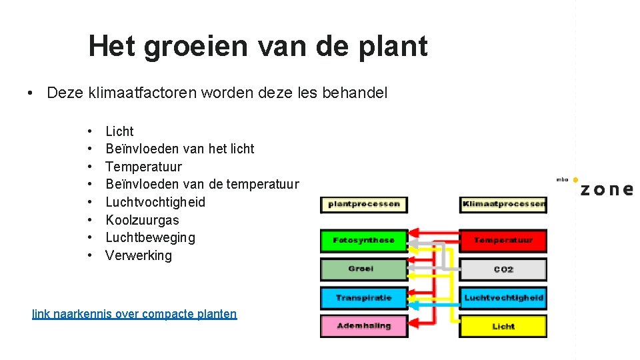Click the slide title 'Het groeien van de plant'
click(x=257, y=47)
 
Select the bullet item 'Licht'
click(x=119, y=131)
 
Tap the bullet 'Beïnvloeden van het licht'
click(x=179, y=149)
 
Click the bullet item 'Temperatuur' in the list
click(x=143, y=167)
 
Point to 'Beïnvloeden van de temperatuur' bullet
click(x=202, y=185)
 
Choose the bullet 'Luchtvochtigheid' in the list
click(x=155, y=202)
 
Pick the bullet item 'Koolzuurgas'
click(x=142, y=220)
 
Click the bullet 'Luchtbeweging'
click(x=150, y=237)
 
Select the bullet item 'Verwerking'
click(x=138, y=255)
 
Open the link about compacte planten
click(x=134, y=314)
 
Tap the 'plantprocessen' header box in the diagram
click(x=363, y=204)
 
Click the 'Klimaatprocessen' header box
click(x=503, y=204)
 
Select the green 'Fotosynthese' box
click(x=363, y=240)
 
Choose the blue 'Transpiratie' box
click(x=363, y=298)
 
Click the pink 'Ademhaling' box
click(x=363, y=326)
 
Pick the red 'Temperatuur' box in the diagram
click(x=503, y=240)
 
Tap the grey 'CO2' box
click(x=503, y=269)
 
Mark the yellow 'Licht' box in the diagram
click(x=503, y=326)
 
